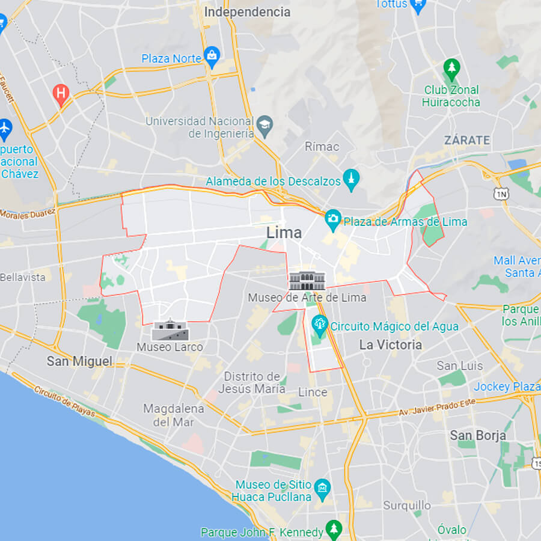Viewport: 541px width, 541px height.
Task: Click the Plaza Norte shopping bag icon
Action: [212, 58]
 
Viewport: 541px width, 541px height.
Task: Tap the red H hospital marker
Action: [60, 93]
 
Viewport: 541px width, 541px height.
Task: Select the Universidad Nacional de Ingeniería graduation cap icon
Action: [264, 126]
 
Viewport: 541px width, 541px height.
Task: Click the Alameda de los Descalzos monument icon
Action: [351, 180]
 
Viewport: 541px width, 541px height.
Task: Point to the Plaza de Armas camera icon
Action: [332, 220]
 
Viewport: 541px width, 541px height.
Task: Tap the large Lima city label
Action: [284, 233]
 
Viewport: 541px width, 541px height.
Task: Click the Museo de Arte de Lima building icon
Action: [307, 281]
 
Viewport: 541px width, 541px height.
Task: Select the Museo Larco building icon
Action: [170, 331]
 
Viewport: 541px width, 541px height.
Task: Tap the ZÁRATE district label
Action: [467, 140]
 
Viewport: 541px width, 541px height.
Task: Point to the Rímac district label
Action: [322, 147]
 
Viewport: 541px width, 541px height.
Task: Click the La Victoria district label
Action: [391, 345]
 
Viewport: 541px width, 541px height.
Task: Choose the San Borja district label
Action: [478, 435]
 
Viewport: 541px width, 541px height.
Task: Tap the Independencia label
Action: [247, 11]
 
